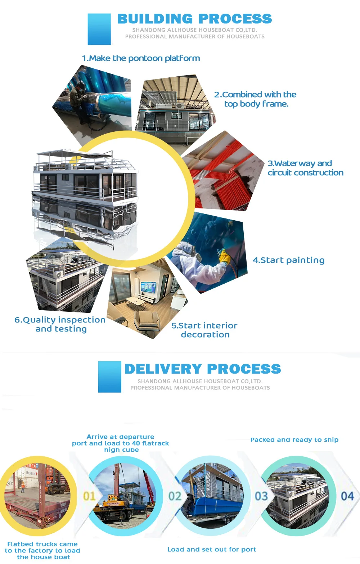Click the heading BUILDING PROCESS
tap(194, 19)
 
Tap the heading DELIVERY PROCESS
tap(202, 369)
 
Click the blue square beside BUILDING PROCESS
tap(99, 29)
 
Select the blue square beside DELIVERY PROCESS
tap(109, 377)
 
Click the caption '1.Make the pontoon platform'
tap(141, 58)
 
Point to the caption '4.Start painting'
tap(288, 260)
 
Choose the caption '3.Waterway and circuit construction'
tap(305, 168)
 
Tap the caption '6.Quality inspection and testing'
tap(60, 324)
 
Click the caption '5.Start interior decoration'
tap(204, 330)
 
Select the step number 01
tap(89, 496)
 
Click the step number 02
tap(175, 496)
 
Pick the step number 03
tap(261, 496)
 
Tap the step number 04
tap(347, 496)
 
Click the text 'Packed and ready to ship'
tap(294, 439)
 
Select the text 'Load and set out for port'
tap(212, 549)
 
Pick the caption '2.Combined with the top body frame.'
tap(255, 99)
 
